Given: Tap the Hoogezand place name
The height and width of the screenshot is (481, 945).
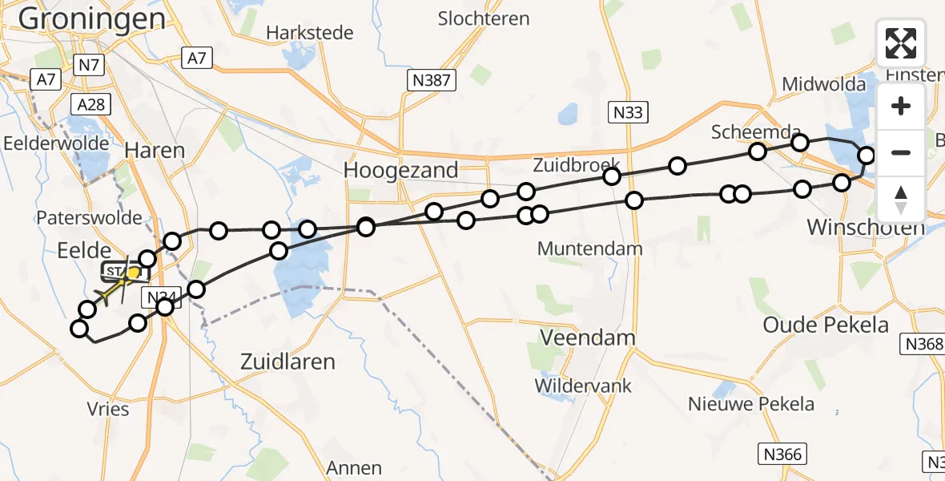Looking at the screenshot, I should tap(400, 170).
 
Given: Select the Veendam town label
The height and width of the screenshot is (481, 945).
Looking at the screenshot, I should tap(588, 338).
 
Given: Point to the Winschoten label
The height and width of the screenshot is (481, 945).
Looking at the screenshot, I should tap(866, 227).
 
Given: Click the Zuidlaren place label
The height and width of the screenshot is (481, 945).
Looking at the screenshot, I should tap(288, 362).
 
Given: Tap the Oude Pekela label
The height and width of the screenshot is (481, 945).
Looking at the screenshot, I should tap(826, 325).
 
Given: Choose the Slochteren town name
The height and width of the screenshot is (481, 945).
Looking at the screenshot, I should tap(485, 18).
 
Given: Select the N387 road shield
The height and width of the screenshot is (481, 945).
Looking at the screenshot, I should tap(431, 79).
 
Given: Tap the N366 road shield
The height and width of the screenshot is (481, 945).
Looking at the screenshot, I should tap(781, 455).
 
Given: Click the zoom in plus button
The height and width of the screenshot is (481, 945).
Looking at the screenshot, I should tap(901, 106).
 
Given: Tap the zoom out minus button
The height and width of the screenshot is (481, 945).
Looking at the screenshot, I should tap(901, 152).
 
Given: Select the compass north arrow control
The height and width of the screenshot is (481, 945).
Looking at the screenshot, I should tap(901, 199).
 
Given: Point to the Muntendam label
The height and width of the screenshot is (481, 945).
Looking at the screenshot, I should tap(589, 249).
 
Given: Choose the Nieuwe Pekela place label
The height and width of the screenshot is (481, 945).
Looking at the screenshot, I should tap(751, 404).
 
